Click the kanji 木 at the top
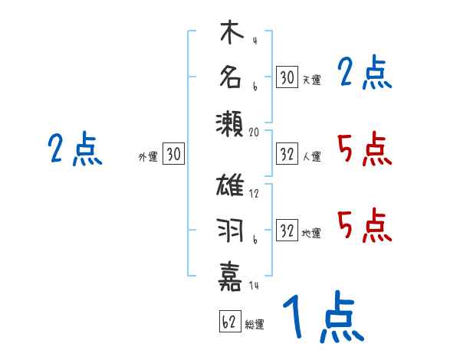coord(231,34)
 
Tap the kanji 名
coord(231,77)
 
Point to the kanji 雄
coord(231,186)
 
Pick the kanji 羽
coord(231,230)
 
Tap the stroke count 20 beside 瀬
coord(255,132)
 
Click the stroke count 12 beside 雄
coord(254,194)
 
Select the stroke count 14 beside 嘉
coord(254,285)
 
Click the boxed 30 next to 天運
coord(287,77)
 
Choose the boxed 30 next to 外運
coord(173,155)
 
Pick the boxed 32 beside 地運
coord(287,231)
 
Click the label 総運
coord(255,325)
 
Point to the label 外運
coord(147,157)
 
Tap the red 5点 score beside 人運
coord(364,149)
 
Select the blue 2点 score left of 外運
coord(74,149)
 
